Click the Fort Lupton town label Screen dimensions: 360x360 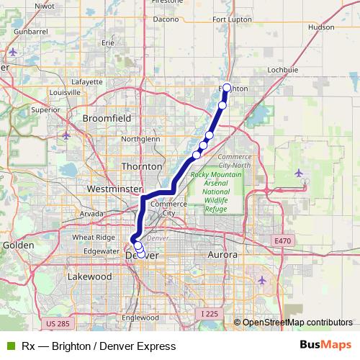click(x=231, y=38)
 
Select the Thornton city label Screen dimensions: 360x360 click(x=142, y=166)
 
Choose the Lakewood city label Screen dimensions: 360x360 click(x=89, y=276)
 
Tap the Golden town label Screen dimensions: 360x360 click(x=18, y=245)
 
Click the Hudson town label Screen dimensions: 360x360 click(x=321, y=27)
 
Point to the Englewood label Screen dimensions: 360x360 click(x=140, y=317)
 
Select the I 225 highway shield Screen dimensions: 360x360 click(x=210, y=313)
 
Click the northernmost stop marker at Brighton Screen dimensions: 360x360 click(x=227, y=88)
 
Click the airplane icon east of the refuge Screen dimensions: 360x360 click(x=300, y=172)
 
